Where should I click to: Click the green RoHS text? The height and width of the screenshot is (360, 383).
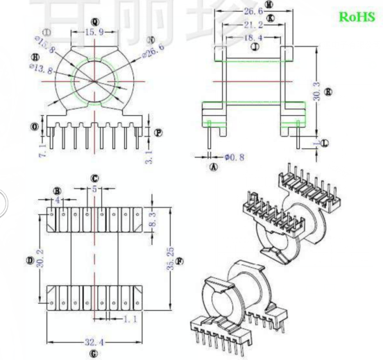click(356, 17)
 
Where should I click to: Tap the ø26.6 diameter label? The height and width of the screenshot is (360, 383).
click(153, 47)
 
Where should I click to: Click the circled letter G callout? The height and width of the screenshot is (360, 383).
click(94, 354)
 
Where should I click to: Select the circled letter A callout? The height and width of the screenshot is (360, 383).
click(214, 166)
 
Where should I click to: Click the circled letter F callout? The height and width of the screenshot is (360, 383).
click(180, 262)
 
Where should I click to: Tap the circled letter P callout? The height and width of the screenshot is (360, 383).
click(159, 132)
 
